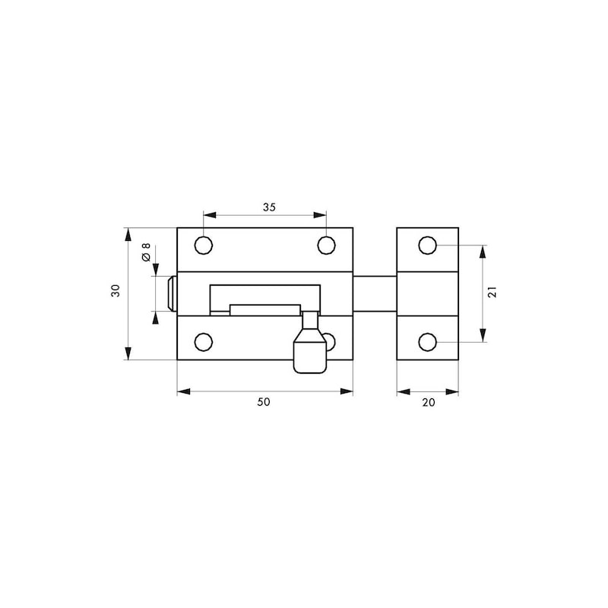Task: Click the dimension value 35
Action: [269, 207]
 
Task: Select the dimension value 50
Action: [264, 402]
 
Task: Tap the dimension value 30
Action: [116, 290]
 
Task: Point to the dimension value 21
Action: [492, 292]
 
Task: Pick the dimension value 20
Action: [429, 403]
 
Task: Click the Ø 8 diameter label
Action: [146, 252]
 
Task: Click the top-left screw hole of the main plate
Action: [204, 245]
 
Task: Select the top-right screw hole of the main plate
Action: [327, 245]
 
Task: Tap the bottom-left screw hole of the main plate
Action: [204, 342]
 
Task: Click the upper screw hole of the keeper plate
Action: [428, 245]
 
